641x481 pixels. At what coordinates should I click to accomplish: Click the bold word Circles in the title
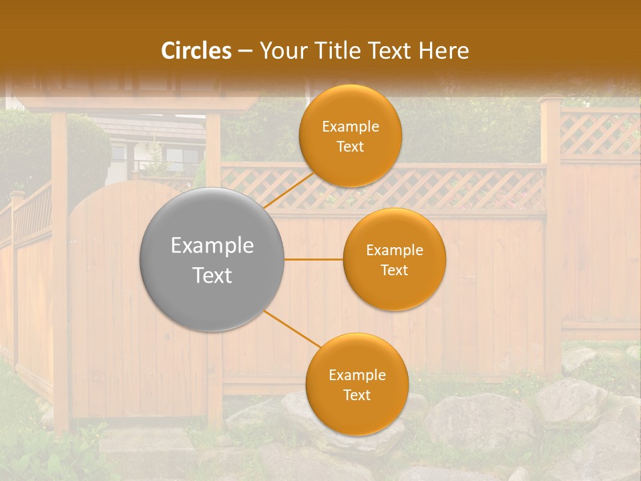tap(196, 51)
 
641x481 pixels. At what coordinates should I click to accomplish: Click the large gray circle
tap(212, 259)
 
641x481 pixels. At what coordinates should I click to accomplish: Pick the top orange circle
tap(351, 136)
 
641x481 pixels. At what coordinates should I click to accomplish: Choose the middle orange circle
tap(395, 259)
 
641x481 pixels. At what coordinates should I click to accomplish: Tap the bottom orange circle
tap(357, 384)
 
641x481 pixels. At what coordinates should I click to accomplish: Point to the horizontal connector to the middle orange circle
tap(314, 259)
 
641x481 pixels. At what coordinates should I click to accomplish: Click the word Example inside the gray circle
tap(212, 246)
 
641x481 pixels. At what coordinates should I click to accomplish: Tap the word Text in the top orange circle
tap(351, 146)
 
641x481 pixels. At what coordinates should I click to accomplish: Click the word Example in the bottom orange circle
tap(357, 375)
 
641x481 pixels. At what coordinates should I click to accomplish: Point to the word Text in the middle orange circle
tap(395, 270)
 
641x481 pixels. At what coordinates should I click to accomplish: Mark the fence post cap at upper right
tap(550, 100)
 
